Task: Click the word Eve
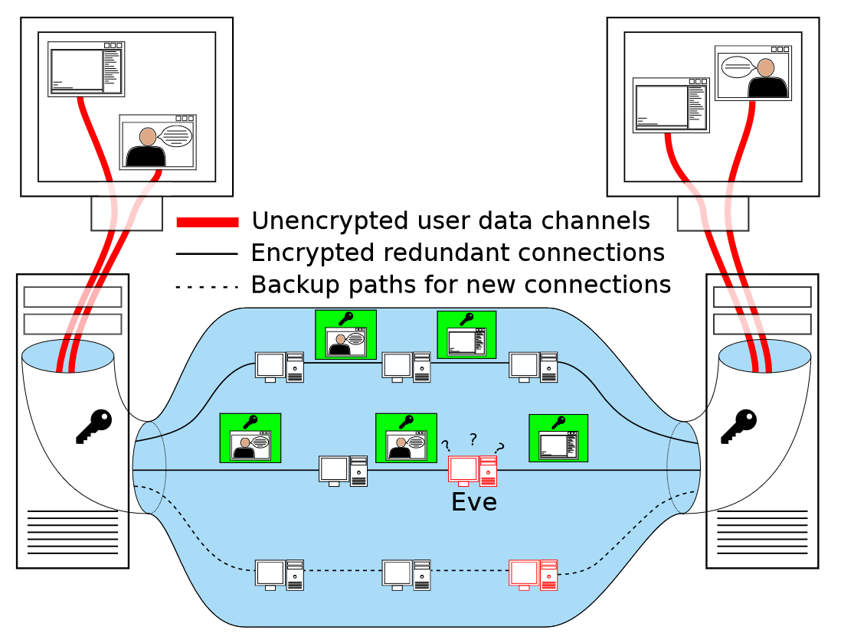pyautogui.click(x=474, y=503)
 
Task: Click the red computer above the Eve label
pyautogui.click(x=473, y=471)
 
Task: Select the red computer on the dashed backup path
pyautogui.click(x=533, y=575)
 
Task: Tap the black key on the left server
pyautogui.click(x=93, y=426)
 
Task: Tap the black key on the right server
pyautogui.click(x=738, y=426)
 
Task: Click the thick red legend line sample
pyautogui.click(x=208, y=222)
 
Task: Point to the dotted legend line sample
pyautogui.click(x=208, y=287)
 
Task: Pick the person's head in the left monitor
pyautogui.click(x=148, y=137)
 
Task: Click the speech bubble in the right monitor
pyautogui.click(x=737, y=67)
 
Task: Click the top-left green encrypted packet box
pyautogui.click(x=345, y=334)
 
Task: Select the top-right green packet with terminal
pyautogui.click(x=466, y=334)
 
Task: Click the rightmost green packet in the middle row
pyautogui.click(x=558, y=438)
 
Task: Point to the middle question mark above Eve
pyautogui.click(x=473, y=439)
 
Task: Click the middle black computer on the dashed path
pyautogui.click(x=406, y=575)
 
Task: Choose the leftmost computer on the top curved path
pyautogui.click(x=279, y=367)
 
